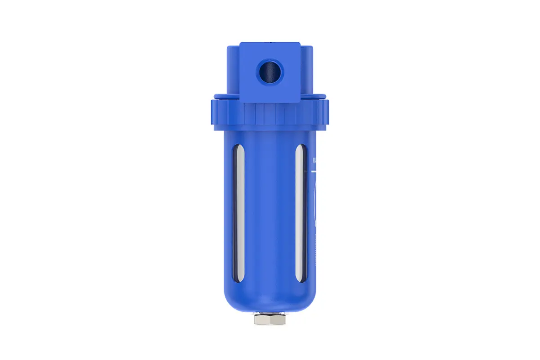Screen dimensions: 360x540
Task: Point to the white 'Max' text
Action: coord(315,160)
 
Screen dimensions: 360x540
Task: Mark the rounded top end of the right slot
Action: coord(299,149)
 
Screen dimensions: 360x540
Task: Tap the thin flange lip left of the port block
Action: coord(227,96)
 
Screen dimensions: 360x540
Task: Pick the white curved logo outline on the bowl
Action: coord(315,202)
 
